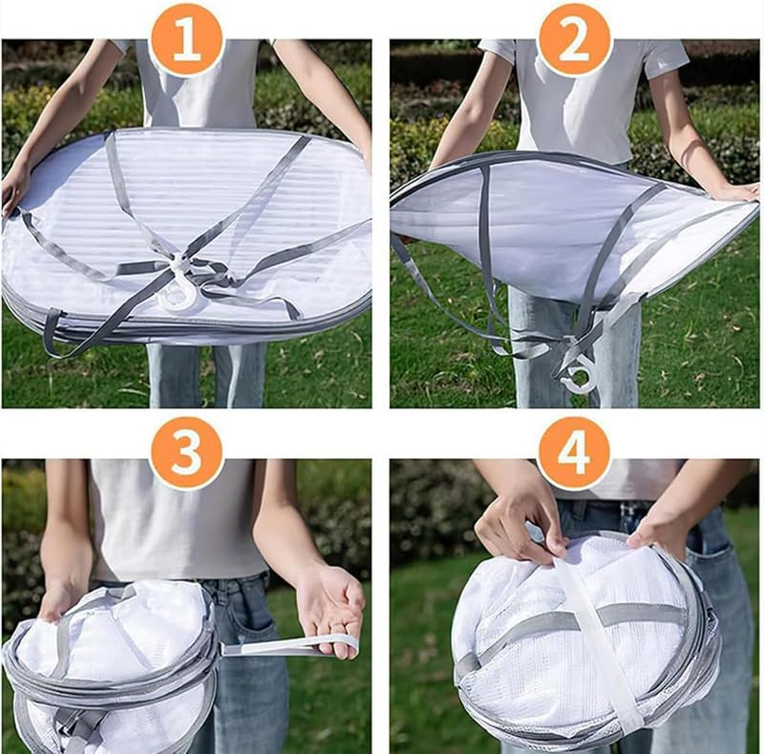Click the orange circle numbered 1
187,39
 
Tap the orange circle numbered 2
574,39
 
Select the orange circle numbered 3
187,453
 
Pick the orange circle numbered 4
574,453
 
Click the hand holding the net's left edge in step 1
13,191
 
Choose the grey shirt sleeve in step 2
664,58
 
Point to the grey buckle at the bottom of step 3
78,726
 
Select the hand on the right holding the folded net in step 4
656,529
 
